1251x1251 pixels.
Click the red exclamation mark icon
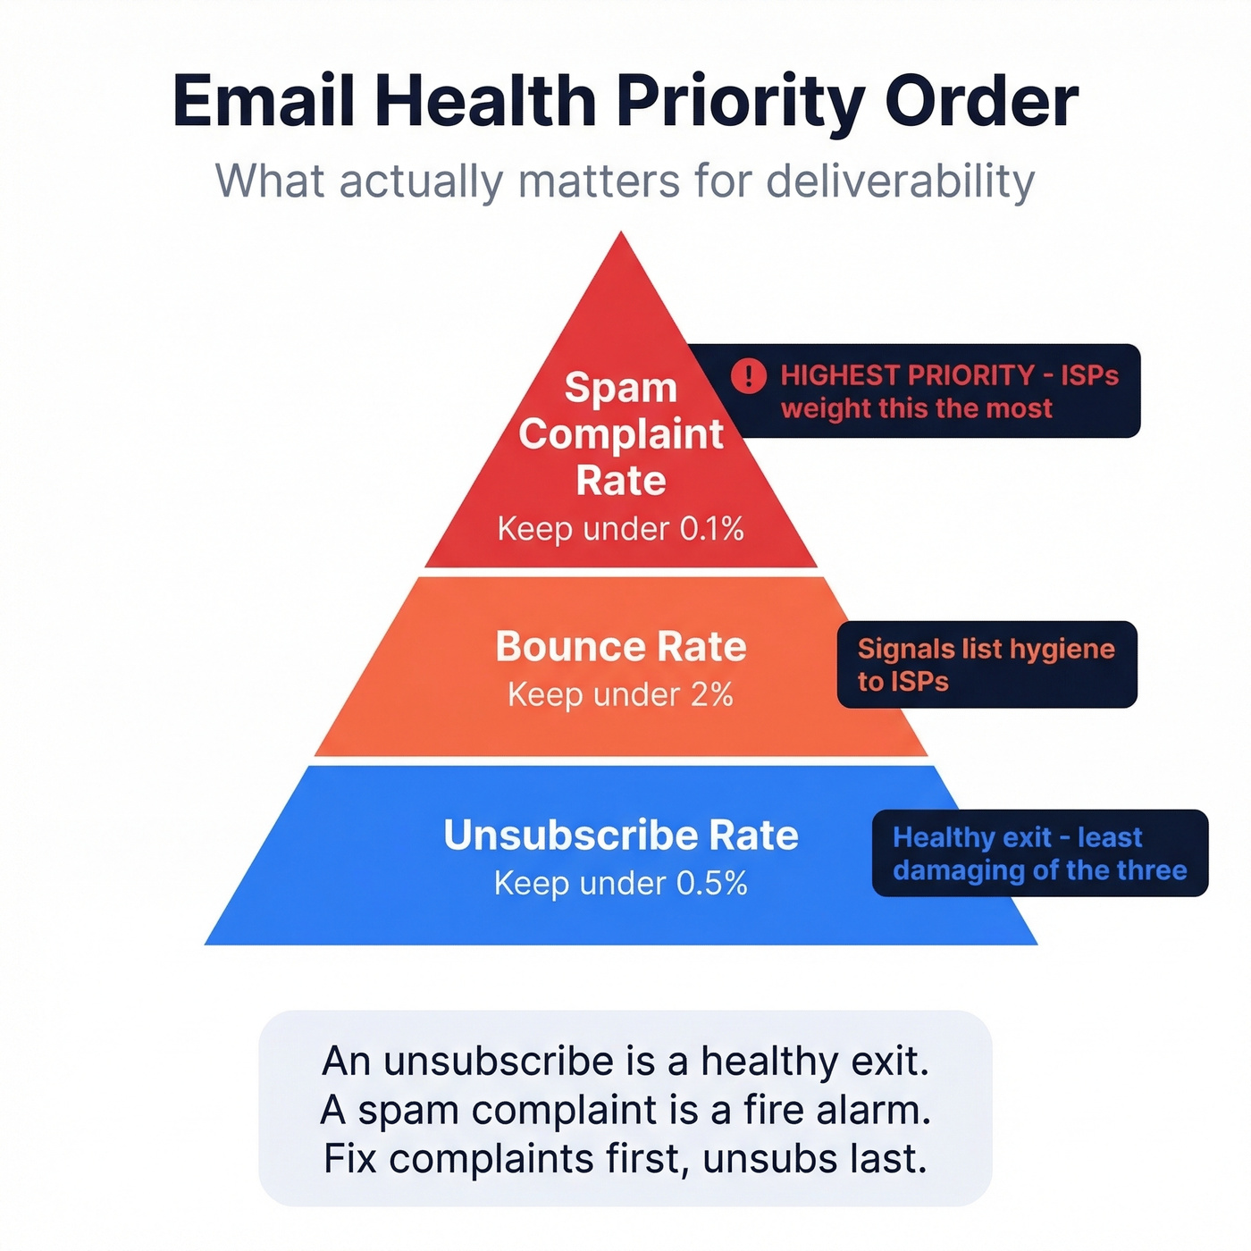tap(749, 376)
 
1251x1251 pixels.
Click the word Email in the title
tap(264, 101)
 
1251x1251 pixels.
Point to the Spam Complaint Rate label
tap(621, 434)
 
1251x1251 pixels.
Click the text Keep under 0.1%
tap(621, 529)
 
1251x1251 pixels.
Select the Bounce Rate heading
tap(621, 646)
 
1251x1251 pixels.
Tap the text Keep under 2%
tap(621, 694)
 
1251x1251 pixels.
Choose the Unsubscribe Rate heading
tap(621, 835)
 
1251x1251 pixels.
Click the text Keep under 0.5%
tap(621, 884)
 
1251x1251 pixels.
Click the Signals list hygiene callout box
tap(987, 665)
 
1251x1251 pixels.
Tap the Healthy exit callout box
tap(1039, 853)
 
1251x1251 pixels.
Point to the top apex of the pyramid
tap(622, 237)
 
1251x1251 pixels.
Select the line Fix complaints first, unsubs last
tap(625, 1159)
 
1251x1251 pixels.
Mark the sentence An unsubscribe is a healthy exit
tap(625, 1062)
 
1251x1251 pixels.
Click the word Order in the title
tap(982, 101)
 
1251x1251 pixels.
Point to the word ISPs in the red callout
tap(1089, 375)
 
